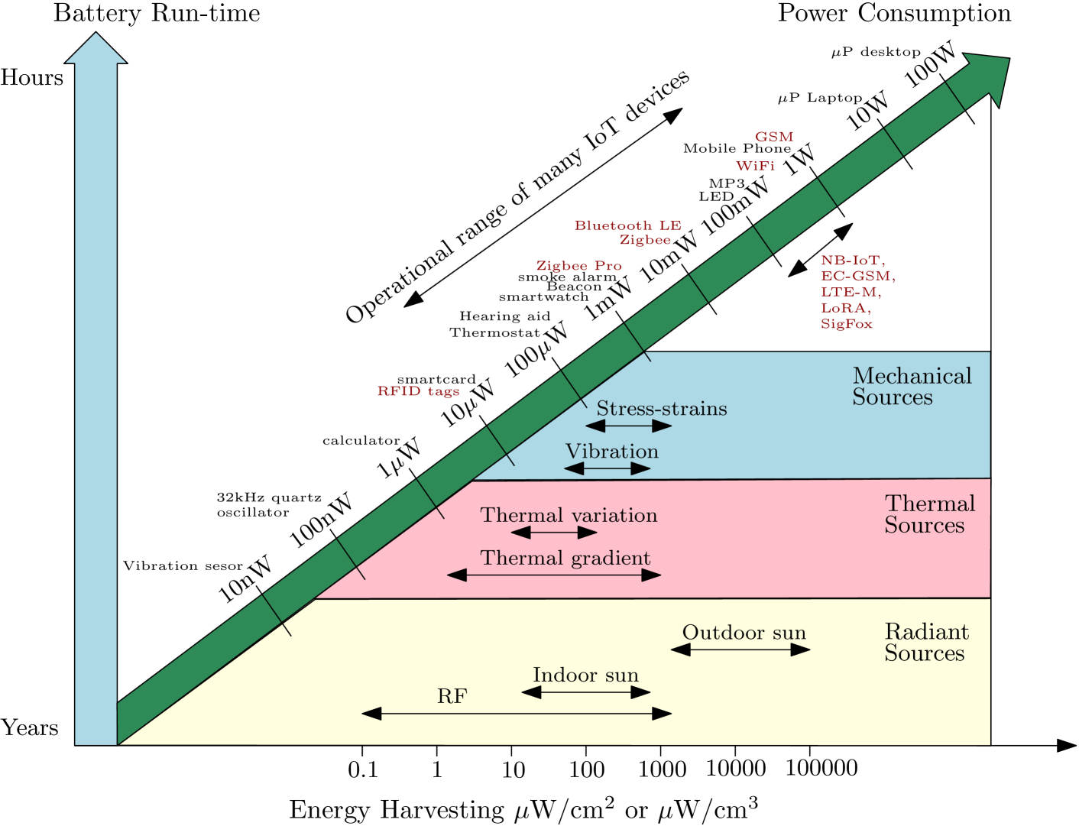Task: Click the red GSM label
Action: [773, 138]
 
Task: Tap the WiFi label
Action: [755, 167]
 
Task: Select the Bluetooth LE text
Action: [627, 225]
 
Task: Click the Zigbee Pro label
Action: [578, 266]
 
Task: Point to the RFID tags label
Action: [418, 391]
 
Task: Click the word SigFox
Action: [846, 324]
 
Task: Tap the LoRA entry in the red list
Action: [844, 308]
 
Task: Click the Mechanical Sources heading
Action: [911, 387]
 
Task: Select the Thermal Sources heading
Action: [929, 514]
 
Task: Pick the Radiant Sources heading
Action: [926, 643]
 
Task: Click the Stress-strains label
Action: [661, 409]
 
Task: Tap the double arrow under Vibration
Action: [608, 468]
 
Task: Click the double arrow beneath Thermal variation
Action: [554, 533]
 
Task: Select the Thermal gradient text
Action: [565, 559]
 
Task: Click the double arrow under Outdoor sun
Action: [740, 649]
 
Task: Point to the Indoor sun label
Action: [585, 675]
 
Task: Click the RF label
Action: [452, 696]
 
